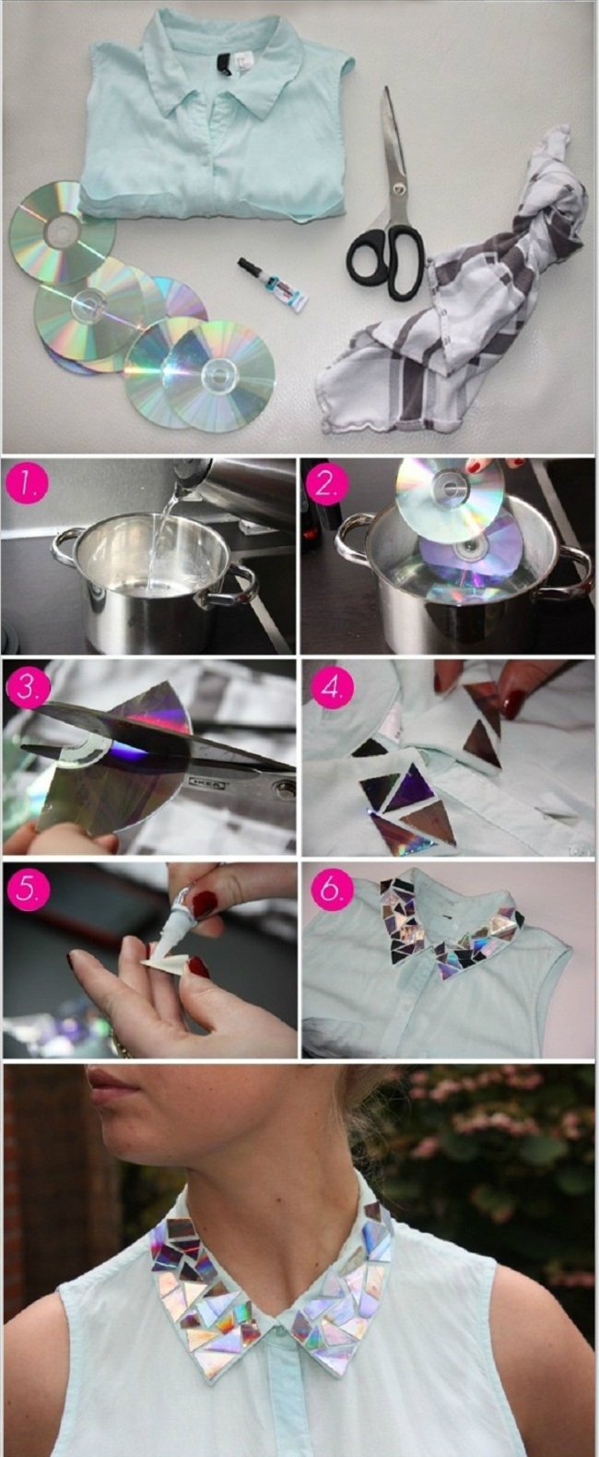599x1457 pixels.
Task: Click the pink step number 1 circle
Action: (x=26, y=484)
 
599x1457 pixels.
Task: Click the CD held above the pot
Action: (x=452, y=488)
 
